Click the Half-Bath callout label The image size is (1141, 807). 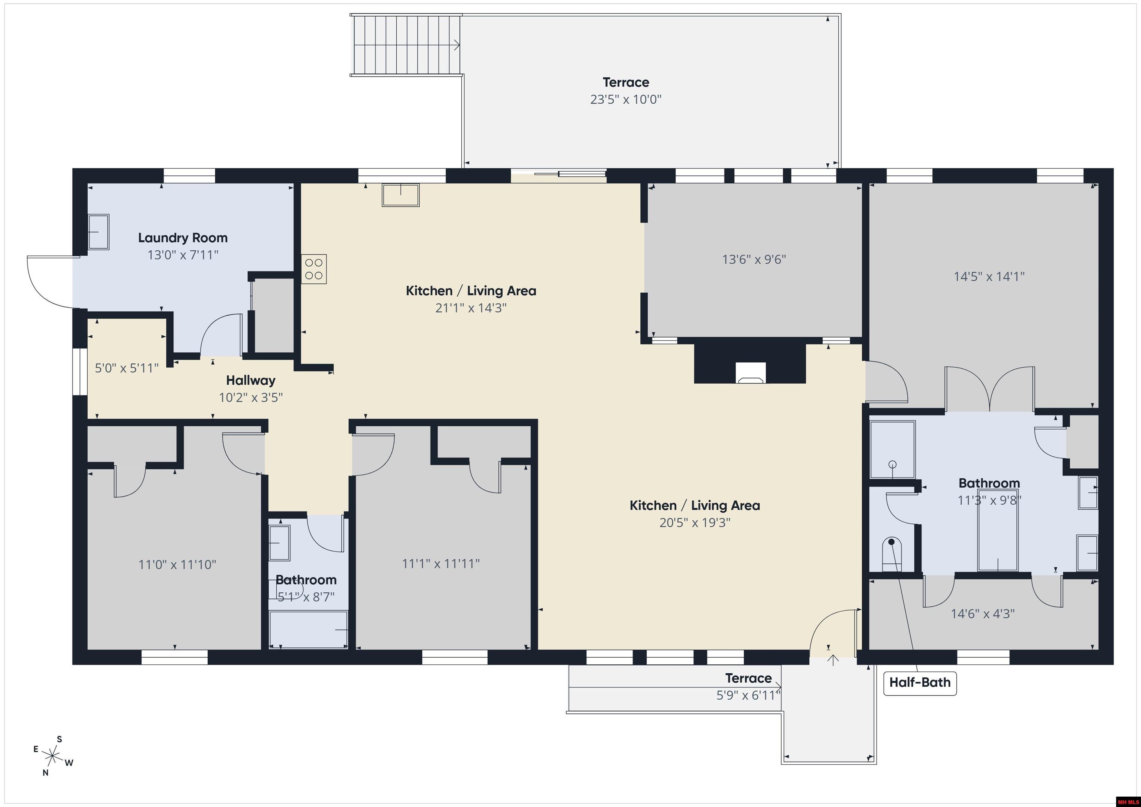919,682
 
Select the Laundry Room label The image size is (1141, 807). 182,238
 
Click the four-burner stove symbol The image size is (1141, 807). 313,269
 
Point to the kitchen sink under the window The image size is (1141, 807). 400,195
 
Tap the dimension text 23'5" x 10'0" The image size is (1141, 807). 626,100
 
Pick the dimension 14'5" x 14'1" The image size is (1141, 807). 989,276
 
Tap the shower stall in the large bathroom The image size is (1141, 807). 893,449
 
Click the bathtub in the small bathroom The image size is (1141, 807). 308,629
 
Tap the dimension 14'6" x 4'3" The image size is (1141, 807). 982,614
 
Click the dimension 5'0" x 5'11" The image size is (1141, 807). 126,368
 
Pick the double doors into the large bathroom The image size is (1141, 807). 989,390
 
